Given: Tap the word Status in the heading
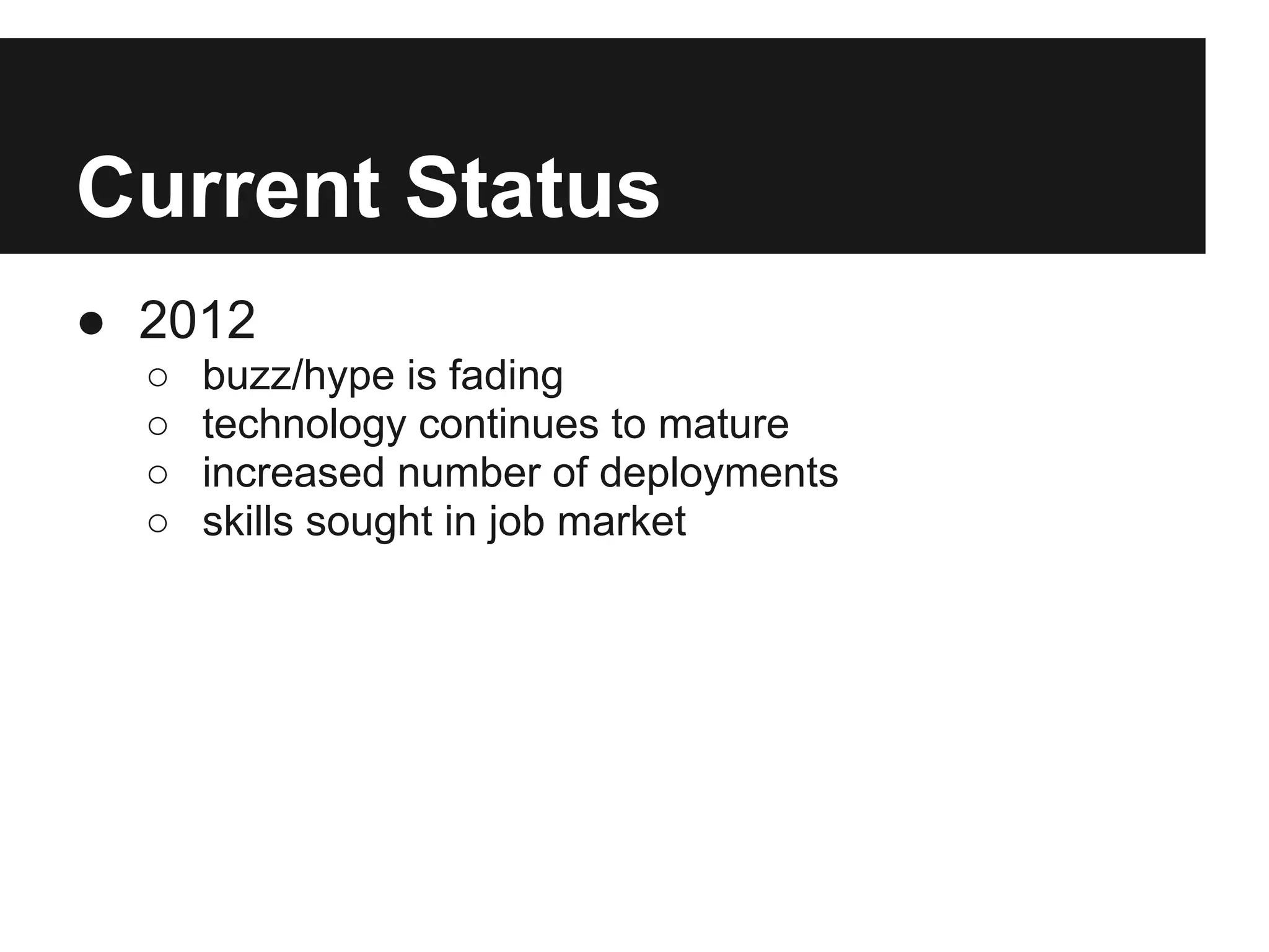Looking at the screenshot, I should [x=532, y=188].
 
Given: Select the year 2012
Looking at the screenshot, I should [x=197, y=320].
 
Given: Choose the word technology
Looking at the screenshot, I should [x=304, y=425].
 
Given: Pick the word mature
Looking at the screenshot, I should [x=723, y=425].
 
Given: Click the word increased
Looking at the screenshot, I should [x=294, y=473].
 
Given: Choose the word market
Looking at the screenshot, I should [x=621, y=521].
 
